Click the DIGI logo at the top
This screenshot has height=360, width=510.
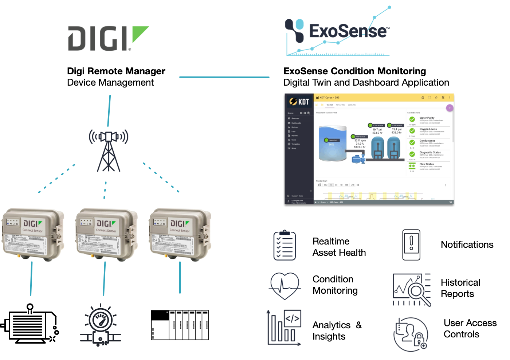click(x=108, y=38)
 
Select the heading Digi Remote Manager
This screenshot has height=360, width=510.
click(x=116, y=71)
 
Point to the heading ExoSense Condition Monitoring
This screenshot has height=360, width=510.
click(x=354, y=71)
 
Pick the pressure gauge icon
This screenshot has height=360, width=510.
click(x=101, y=324)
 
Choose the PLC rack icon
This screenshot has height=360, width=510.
click(x=180, y=325)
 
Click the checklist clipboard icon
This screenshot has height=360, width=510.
click(x=285, y=245)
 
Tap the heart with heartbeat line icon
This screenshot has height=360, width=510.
click(x=285, y=286)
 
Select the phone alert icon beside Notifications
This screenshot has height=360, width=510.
click(x=411, y=245)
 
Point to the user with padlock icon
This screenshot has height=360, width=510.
click(x=411, y=334)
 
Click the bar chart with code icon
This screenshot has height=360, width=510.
click(x=284, y=327)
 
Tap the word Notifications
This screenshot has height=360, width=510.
click(x=467, y=245)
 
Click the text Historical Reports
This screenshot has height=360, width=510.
click(x=460, y=288)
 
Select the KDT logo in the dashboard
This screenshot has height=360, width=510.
click(x=299, y=102)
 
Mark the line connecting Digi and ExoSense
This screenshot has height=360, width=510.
click(x=224, y=77)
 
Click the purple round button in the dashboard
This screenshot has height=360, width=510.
click(x=450, y=108)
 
